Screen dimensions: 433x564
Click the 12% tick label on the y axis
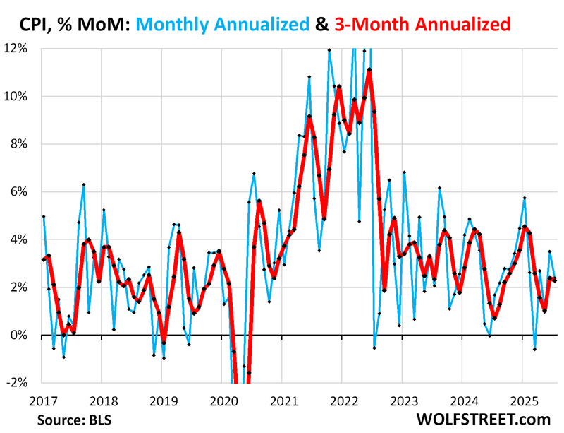point(16,49)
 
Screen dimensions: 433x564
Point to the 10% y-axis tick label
point(16,96)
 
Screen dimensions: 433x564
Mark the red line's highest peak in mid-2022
point(369,69)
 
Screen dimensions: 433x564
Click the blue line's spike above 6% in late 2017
point(83,184)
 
